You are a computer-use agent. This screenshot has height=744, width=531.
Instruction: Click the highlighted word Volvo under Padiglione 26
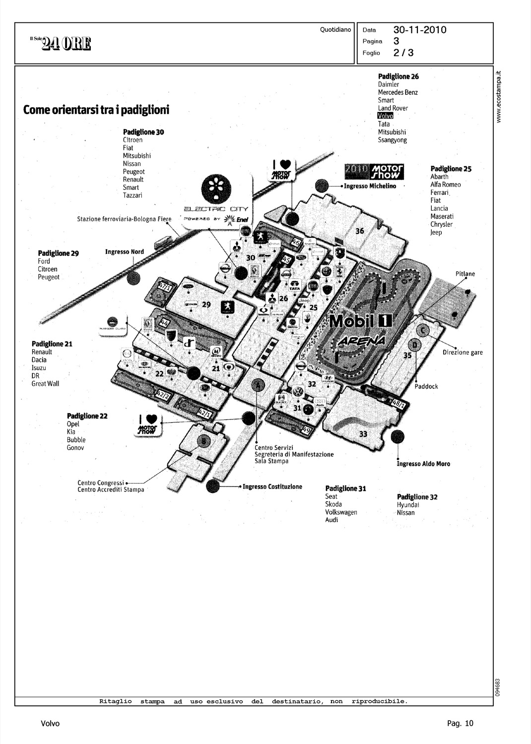pos(385,116)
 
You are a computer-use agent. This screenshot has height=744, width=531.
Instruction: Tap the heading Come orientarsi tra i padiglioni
pos(96,110)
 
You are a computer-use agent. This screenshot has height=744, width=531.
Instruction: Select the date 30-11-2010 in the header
pos(420,30)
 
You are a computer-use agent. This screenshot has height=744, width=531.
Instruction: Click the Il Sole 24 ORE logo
pos(60,44)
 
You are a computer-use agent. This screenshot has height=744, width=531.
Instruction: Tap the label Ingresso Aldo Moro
pos(424,464)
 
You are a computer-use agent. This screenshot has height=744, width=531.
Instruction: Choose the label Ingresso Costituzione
pos(272,487)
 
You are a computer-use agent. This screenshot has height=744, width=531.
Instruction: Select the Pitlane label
pos(465,274)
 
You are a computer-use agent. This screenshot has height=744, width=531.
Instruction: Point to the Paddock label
pos(426,386)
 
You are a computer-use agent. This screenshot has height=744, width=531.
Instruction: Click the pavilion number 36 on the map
pos(360,231)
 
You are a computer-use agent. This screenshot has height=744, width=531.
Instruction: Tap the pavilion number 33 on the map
pos(363,434)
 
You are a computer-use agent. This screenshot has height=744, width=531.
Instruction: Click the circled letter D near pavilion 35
pos(415,345)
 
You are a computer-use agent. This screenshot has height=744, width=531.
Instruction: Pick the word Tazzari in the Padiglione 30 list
pos(133,195)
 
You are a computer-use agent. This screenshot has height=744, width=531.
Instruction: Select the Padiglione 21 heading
pos(52,344)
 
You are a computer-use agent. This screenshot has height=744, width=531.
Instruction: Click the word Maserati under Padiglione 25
pos(442,216)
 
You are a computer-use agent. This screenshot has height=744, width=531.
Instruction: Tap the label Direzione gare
pos(463,353)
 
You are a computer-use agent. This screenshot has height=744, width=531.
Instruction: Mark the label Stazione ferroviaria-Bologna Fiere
pos(124,219)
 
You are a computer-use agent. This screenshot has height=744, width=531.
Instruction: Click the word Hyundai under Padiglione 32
pos(408,505)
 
